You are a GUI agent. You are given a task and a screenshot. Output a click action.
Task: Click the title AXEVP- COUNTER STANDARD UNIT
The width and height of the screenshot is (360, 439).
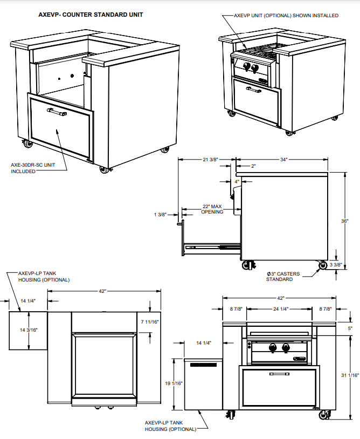[91, 15]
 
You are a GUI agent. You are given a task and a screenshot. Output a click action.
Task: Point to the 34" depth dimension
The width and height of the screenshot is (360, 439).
[283, 160]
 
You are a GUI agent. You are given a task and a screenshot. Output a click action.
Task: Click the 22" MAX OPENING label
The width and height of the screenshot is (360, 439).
[212, 209]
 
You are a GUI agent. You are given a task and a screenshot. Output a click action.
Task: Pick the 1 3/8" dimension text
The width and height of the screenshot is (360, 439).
[161, 215]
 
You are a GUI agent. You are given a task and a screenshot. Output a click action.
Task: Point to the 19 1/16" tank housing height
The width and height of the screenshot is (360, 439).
[174, 383]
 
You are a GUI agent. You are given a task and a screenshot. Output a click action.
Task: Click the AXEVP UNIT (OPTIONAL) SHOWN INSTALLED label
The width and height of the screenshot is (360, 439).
[286, 16]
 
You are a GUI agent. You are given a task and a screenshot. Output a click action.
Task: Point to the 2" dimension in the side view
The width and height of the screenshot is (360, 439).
[253, 166]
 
